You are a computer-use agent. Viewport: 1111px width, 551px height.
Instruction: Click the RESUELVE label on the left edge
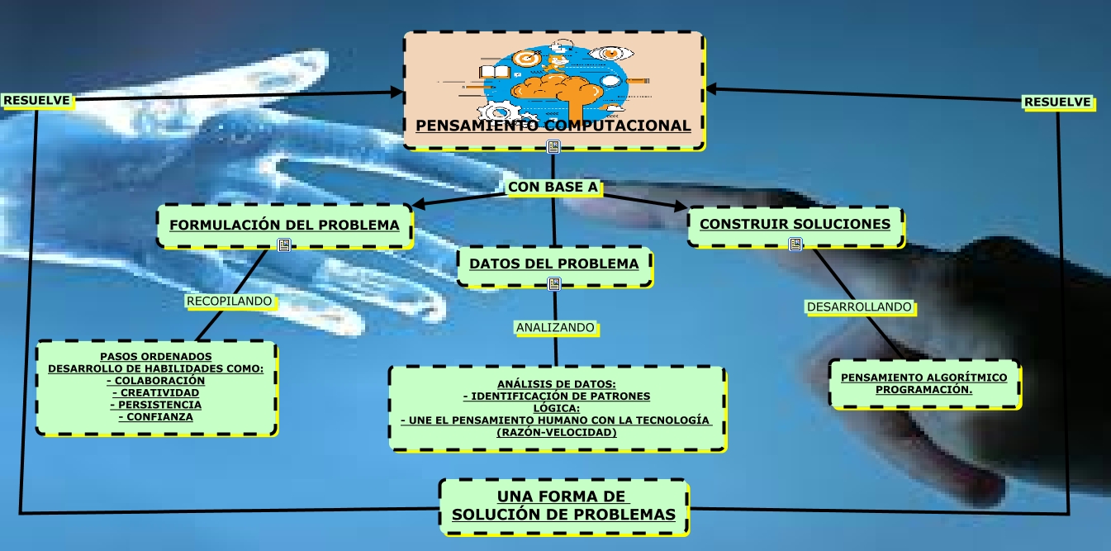[x=37, y=101]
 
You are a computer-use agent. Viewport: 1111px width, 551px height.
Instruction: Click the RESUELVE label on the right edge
[x=1057, y=102]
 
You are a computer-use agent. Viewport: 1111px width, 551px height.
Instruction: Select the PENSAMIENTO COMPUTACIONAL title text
[x=553, y=126]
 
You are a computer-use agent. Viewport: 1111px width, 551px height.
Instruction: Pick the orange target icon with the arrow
[x=526, y=59]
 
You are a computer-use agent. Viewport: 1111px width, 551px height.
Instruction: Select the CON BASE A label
[x=553, y=188]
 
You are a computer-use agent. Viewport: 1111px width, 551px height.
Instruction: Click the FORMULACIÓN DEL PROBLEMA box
[x=284, y=225]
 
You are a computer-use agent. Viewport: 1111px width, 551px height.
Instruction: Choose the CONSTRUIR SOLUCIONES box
[x=795, y=224]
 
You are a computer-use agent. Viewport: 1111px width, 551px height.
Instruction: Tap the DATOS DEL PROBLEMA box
[x=554, y=264]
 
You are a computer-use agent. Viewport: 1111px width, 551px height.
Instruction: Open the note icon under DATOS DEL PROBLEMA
[x=554, y=284]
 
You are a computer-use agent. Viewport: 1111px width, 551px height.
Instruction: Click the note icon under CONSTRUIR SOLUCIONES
[x=795, y=245]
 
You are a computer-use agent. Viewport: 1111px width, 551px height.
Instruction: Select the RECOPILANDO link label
[x=229, y=302]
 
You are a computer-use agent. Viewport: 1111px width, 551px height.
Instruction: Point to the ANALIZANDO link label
[x=555, y=328]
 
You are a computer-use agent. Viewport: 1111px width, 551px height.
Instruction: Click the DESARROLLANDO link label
[x=859, y=307]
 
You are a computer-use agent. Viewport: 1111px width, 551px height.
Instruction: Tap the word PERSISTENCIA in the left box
[x=156, y=405]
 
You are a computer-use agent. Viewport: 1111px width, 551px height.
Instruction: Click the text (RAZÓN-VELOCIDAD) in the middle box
[x=556, y=432]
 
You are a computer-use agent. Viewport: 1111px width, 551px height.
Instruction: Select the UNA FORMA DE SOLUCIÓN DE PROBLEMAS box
[x=563, y=506]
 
